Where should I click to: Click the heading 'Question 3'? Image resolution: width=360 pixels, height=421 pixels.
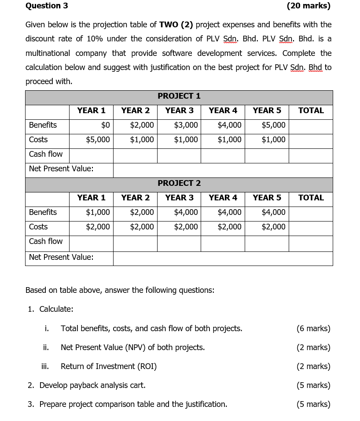coord(47,6)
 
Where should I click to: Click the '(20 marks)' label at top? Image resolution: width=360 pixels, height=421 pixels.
coord(308,6)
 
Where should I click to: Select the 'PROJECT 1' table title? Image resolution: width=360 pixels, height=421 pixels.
coord(179,96)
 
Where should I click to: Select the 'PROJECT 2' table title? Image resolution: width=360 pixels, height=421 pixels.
coord(179,183)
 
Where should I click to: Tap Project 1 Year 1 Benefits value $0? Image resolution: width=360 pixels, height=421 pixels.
coord(105,125)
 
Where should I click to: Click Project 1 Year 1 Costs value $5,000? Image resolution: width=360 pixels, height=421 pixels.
coord(98,140)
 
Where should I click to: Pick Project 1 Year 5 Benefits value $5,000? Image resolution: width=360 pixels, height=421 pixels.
coord(273,125)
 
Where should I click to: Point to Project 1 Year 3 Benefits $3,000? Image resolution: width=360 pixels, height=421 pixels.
coord(186,125)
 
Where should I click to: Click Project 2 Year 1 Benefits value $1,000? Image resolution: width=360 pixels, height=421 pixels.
coord(98,212)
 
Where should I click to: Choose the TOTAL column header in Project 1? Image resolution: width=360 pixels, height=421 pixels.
coord(311,111)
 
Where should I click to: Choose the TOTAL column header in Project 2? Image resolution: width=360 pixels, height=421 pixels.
coord(311,198)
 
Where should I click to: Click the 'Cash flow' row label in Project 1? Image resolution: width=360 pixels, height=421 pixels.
coord(46,154)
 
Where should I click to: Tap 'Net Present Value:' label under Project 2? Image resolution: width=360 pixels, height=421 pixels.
coord(61,257)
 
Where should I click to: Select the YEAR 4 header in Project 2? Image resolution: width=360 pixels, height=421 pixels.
coord(223,198)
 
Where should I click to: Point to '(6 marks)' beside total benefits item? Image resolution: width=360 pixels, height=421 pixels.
coord(313,329)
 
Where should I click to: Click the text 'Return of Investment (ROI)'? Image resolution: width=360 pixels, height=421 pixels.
coord(109,366)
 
